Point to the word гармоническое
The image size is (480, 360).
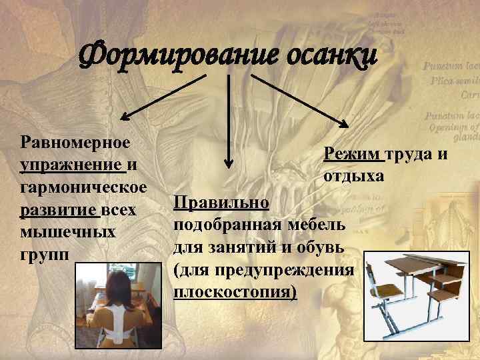point(84,186)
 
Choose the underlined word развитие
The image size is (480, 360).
point(60,210)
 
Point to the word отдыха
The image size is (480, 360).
point(353,177)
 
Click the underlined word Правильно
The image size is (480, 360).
point(221,202)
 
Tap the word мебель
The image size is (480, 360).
point(317,225)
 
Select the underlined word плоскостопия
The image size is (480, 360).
point(235,293)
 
